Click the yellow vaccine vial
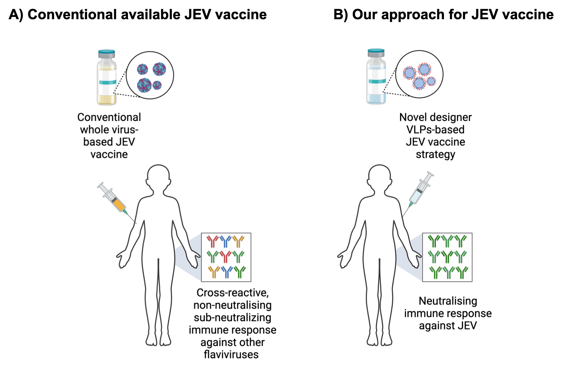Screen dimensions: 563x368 pos(107,77)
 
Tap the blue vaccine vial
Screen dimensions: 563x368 pos(376,77)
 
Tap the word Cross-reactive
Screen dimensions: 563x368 pos(232,293)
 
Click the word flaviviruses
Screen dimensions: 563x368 pos(231,354)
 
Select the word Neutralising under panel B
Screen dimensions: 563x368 pos(448,301)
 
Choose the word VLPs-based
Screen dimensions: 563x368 pos(435,129)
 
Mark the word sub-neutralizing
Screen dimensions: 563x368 pos(232,317)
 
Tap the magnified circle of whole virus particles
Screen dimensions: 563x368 pos(150,75)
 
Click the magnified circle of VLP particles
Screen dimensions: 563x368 pos(419,74)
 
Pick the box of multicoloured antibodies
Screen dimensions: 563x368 pos(226,257)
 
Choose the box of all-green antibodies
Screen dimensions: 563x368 pos(447,257)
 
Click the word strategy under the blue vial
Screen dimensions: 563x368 pos(435,155)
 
